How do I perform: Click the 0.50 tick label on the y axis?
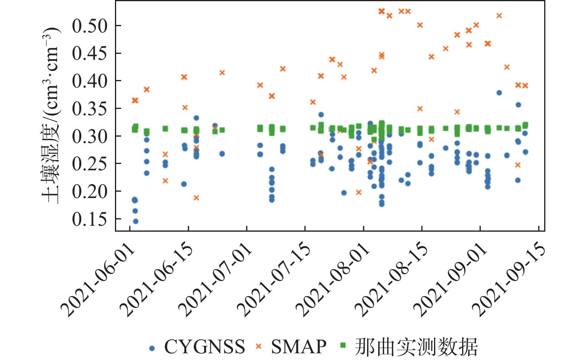[90, 26]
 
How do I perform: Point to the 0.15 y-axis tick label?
[90, 219]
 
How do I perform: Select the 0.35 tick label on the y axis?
[90, 109]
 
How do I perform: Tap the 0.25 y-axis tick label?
[90, 164]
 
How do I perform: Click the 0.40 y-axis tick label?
[90, 81]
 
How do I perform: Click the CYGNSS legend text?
[205, 347]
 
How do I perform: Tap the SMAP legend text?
[298, 347]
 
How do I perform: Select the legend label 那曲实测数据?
[416, 347]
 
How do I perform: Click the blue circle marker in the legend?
[151, 348]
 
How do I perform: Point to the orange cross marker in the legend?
[258, 347]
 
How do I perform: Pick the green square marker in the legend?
[343, 346]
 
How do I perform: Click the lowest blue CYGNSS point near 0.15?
[136, 221]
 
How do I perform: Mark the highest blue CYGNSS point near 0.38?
[499, 93]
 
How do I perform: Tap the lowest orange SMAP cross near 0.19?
[196, 198]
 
